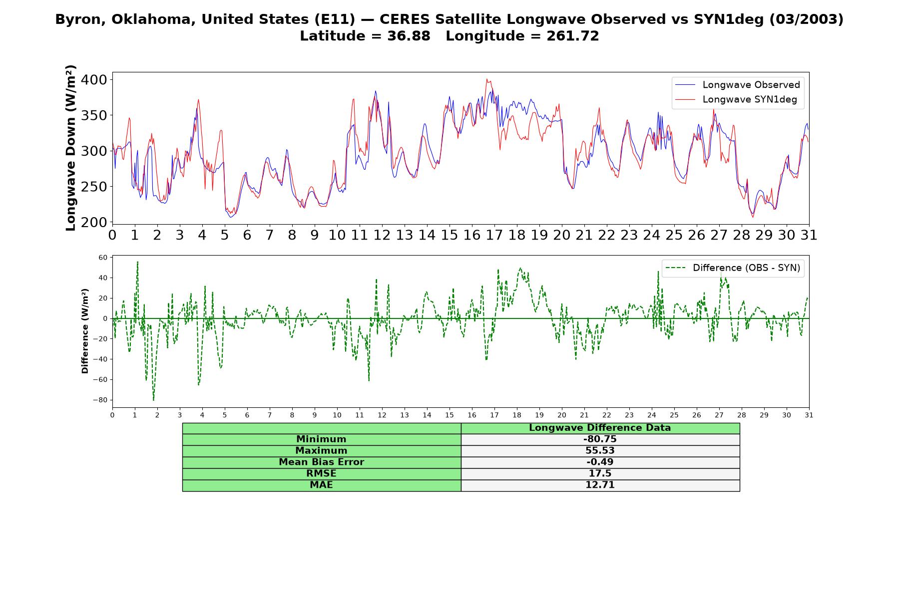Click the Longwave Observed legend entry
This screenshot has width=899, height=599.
[x=737, y=85]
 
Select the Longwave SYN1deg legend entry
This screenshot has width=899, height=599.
[x=736, y=99]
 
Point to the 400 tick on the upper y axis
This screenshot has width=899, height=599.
[x=95, y=80]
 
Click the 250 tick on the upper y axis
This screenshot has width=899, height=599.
[x=95, y=187]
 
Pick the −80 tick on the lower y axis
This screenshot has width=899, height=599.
[x=100, y=400]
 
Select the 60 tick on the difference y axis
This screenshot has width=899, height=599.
[x=103, y=258]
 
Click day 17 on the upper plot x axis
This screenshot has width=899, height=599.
[x=494, y=235]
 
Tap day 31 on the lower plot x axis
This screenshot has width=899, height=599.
[x=809, y=415]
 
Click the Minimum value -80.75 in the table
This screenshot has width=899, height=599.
[x=600, y=439]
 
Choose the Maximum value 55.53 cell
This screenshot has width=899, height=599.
[x=600, y=451]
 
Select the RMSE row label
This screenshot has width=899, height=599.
[x=321, y=474]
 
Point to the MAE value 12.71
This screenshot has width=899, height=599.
[x=600, y=485]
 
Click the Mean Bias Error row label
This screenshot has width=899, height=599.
[x=321, y=462]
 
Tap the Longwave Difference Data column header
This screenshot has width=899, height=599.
[x=600, y=428]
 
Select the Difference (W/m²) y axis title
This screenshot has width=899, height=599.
[x=85, y=331]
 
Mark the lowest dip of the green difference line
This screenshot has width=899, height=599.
[x=153, y=400]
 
